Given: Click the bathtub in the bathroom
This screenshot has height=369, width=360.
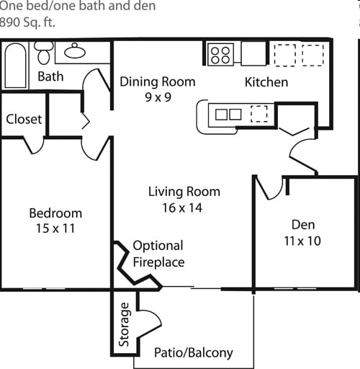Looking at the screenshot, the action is coord(15,66).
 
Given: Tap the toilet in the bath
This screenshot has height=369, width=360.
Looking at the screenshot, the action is coord(44,53).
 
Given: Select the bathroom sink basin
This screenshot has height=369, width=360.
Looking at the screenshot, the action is coord(75,51).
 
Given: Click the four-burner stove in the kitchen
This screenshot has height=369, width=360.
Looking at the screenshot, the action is coord(220,54).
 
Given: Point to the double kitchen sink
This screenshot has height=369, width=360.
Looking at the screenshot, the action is coord(228,115).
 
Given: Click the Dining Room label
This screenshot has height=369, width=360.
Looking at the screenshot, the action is coord(158,81).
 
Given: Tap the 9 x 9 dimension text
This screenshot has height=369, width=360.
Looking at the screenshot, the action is coord(158,97).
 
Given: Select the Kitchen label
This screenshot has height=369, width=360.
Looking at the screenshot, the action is coord(266,82).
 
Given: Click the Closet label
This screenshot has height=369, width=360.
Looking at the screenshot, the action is coord(24,119).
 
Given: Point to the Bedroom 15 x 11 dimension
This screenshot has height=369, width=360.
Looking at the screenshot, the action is coord(55,228).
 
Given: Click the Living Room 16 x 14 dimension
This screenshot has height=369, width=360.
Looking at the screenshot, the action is coord(182,208).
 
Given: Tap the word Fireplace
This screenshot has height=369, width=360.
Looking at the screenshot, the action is coord(158,262).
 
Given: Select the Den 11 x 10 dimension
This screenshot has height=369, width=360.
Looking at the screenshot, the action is coord(302,241).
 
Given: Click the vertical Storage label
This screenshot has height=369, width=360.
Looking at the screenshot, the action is coord(124,324).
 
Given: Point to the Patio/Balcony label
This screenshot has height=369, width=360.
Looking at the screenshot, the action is coord(194,353).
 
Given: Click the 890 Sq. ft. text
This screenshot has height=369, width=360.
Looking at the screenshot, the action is coord(27,22).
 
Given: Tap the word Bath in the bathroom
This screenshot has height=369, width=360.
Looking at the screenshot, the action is coord(50,76).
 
